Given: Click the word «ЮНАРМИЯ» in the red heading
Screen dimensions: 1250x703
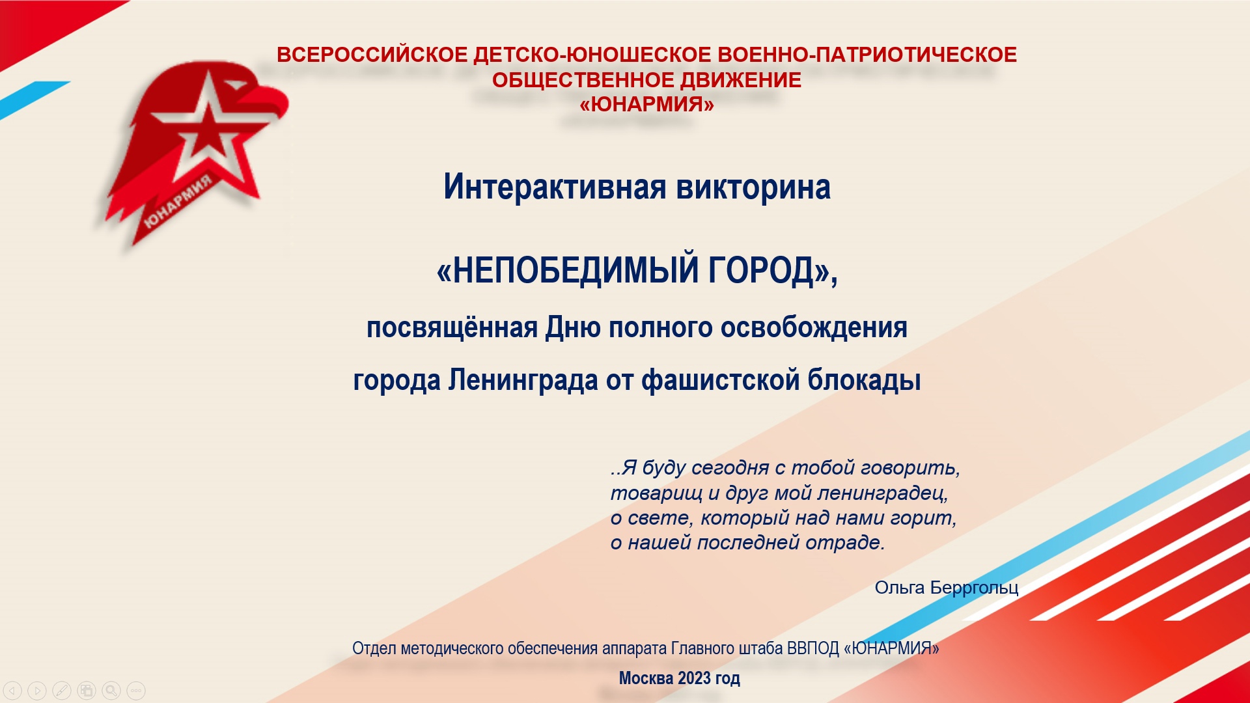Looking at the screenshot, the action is coord(646,104).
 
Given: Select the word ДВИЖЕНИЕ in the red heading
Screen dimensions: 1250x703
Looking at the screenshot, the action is coord(741,80).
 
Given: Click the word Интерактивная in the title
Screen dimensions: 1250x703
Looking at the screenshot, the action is coord(555,187).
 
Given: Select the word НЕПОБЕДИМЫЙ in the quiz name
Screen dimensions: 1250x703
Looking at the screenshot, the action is coord(567,269).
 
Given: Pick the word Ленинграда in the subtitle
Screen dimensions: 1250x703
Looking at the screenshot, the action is coord(523,380).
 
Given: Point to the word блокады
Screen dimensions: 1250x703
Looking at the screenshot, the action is coord(864,380).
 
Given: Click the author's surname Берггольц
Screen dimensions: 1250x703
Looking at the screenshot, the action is coord(974,588).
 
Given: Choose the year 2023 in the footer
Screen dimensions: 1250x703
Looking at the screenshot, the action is coord(693,678).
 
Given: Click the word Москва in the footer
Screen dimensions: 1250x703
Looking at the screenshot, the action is coord(646,678).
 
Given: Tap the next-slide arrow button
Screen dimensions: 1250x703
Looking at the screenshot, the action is coord(37,690).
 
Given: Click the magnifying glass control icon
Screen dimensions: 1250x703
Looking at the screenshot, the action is coord(111,690).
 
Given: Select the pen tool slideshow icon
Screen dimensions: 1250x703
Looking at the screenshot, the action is coord(62,690).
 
